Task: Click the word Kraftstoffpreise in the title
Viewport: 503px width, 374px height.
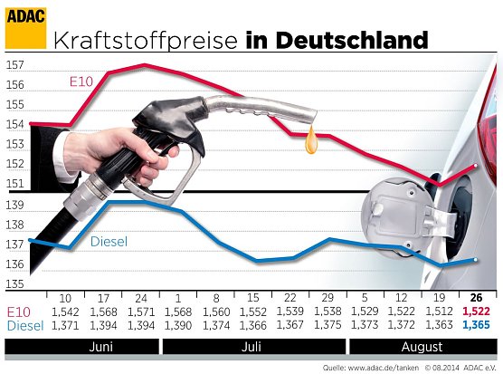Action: pyautogui.click(x=146, y=41)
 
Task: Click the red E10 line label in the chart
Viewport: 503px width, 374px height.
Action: pyautogui.click(x=81, y=82)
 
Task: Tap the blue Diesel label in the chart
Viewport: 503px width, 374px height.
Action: pyautogui.click(x=109, y=242)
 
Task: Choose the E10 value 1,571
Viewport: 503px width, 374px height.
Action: pyautogui.click(x=140, y=312)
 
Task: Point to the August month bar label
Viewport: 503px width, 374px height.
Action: pyautogui.click(x=422, y=346)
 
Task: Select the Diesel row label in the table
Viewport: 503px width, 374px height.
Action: pyautogui.click(x=23, y=324)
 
